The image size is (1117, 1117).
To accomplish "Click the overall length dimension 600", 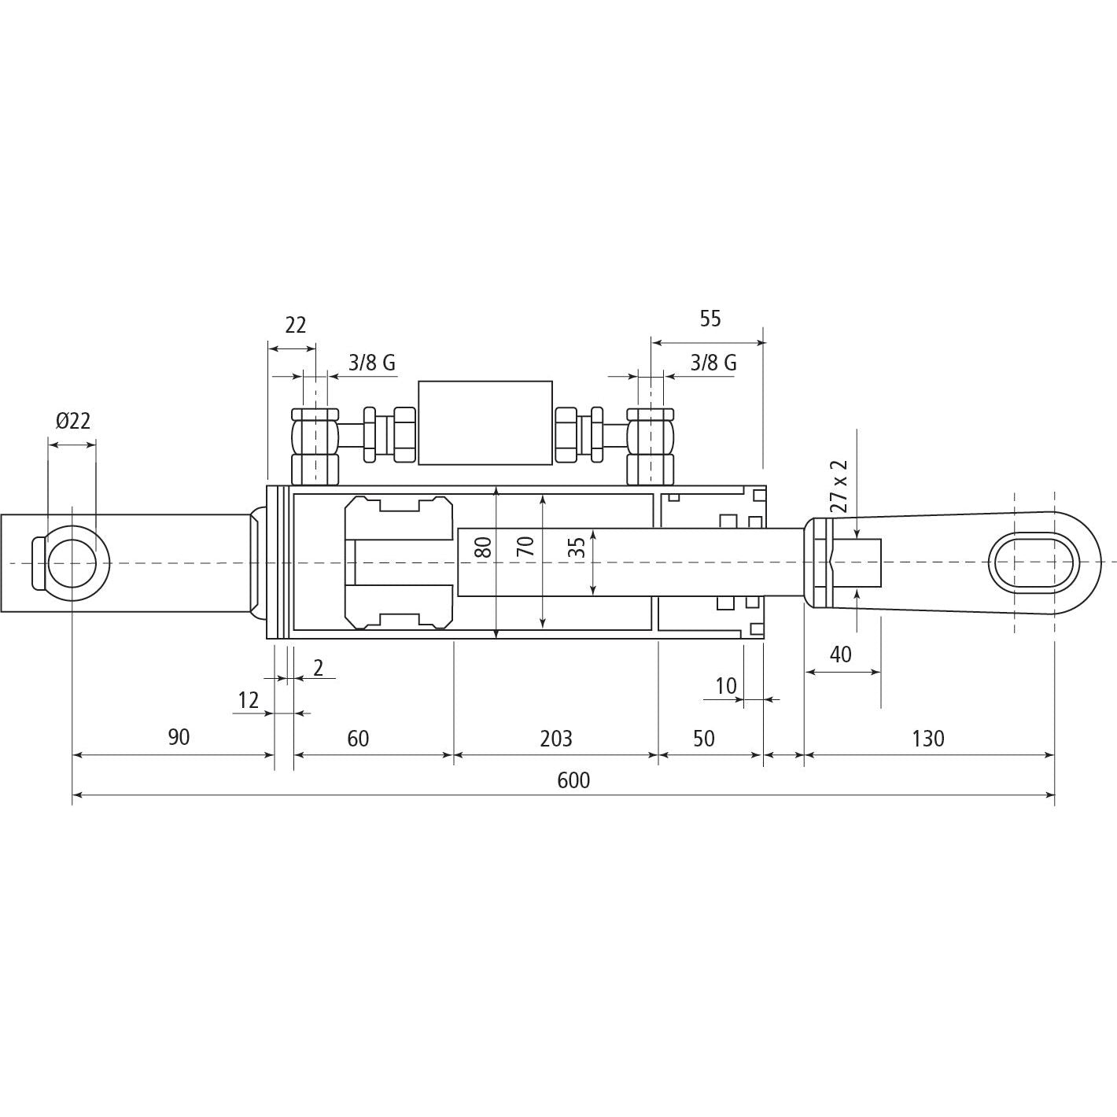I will coord(573,780).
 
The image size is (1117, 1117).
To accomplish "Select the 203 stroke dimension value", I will coord(556,739).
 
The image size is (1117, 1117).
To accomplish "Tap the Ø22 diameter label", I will coord(73,421).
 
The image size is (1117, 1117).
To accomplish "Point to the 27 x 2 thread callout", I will coord(839,485).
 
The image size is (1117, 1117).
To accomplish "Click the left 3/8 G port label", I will coord(372,363).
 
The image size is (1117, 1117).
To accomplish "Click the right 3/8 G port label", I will coord(713,363).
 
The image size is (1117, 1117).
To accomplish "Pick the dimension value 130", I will coord(928,739).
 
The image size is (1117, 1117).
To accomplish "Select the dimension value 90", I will coord(179,737).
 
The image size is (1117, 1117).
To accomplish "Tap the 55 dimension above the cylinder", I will coord(710,319).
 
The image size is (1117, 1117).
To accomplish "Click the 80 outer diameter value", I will coord(485,546).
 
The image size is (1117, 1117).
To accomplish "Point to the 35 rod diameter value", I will coord(577,547).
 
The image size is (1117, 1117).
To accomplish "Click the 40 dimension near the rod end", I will coord(841,654).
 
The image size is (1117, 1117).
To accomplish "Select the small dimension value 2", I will coord(319,668).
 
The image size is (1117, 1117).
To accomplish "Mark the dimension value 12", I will coord(249,700).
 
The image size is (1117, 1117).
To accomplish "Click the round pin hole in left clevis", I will coord(72,563).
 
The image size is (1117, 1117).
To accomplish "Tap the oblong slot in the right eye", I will coord(1033,562).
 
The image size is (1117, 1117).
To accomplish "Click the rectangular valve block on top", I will coord(485,422).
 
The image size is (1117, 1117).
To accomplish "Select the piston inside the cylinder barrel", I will coord(399,562).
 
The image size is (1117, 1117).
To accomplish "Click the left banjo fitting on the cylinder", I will coord(315,446).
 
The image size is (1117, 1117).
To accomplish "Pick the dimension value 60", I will coord(358,739).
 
